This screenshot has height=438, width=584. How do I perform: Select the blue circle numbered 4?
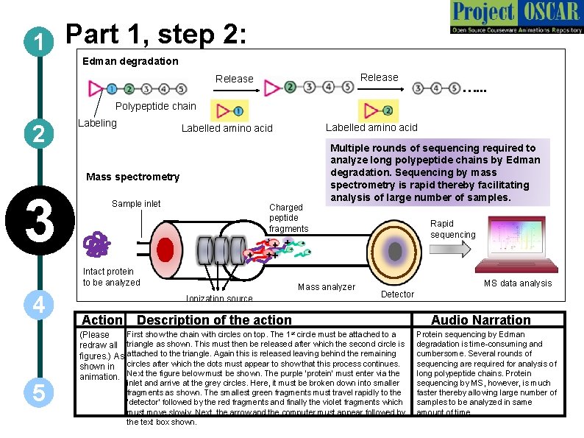(36, 305)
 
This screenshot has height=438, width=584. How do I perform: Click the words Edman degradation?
(130, 61)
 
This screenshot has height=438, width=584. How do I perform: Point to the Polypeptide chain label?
(156, 106)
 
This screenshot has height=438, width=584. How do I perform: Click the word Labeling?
(97, 123)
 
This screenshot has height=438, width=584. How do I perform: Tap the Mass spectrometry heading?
(132, 177)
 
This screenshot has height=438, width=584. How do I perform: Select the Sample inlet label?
(136, 204)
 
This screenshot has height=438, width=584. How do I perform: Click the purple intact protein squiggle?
(96, 245)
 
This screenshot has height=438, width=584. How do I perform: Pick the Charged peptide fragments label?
(289, 218)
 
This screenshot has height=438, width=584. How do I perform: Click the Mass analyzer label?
(326, 287)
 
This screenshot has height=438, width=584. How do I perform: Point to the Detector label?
(397, 294)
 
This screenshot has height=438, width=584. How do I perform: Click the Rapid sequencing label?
(453, 229)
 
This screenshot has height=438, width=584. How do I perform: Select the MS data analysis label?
(517, 283)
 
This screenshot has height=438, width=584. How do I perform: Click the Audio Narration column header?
(480, 320)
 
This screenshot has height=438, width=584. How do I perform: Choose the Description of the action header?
(214, 320)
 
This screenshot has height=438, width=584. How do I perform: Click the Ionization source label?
(219, 298)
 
